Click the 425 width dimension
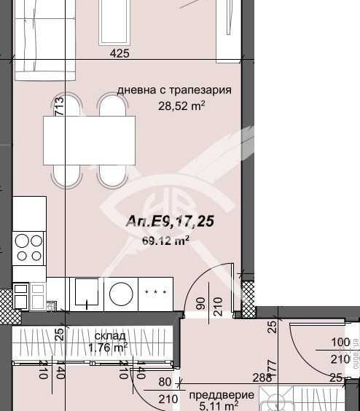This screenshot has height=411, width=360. coord(120,53)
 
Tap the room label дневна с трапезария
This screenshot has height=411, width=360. coord(174,90)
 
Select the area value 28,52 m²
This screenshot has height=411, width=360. coord(181,105)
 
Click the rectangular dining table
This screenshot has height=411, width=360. coord(89,141)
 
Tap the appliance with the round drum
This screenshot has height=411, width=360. coord(119,293)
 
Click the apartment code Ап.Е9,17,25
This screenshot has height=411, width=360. coord(170,221)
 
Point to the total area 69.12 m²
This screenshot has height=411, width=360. coord(165,238)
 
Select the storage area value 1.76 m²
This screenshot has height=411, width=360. coord(108,348)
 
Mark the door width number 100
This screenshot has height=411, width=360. coord(340,342)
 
